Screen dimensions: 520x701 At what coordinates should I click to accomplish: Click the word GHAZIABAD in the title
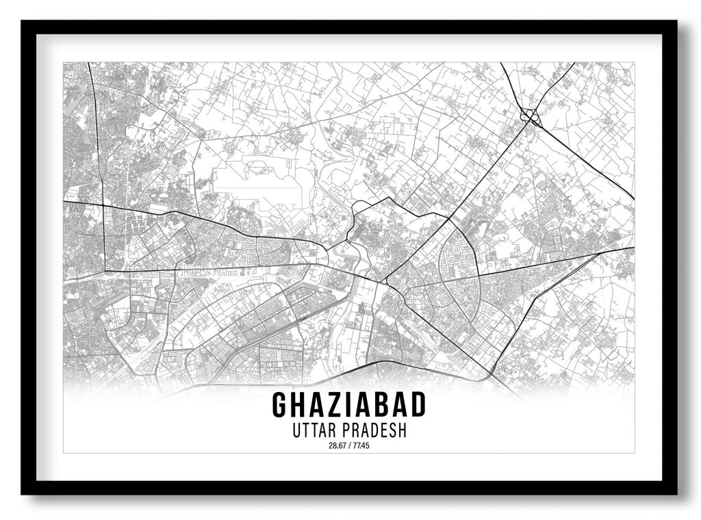pos(349,405)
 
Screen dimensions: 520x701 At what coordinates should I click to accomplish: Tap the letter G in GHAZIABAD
pos(280,405)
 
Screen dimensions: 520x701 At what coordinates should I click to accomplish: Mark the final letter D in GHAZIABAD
pos(418,405)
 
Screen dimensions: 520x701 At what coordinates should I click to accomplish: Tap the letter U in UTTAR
pos(296,432)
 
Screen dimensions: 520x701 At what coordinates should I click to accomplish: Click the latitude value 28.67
pos(337,447)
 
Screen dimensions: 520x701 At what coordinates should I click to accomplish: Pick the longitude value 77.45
pos(360,447)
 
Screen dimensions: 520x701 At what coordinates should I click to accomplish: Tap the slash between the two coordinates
pos(348,447)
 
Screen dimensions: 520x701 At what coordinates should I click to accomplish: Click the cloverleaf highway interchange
pos(529,118)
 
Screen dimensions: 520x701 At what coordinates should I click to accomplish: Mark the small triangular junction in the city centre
pos(385,281)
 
